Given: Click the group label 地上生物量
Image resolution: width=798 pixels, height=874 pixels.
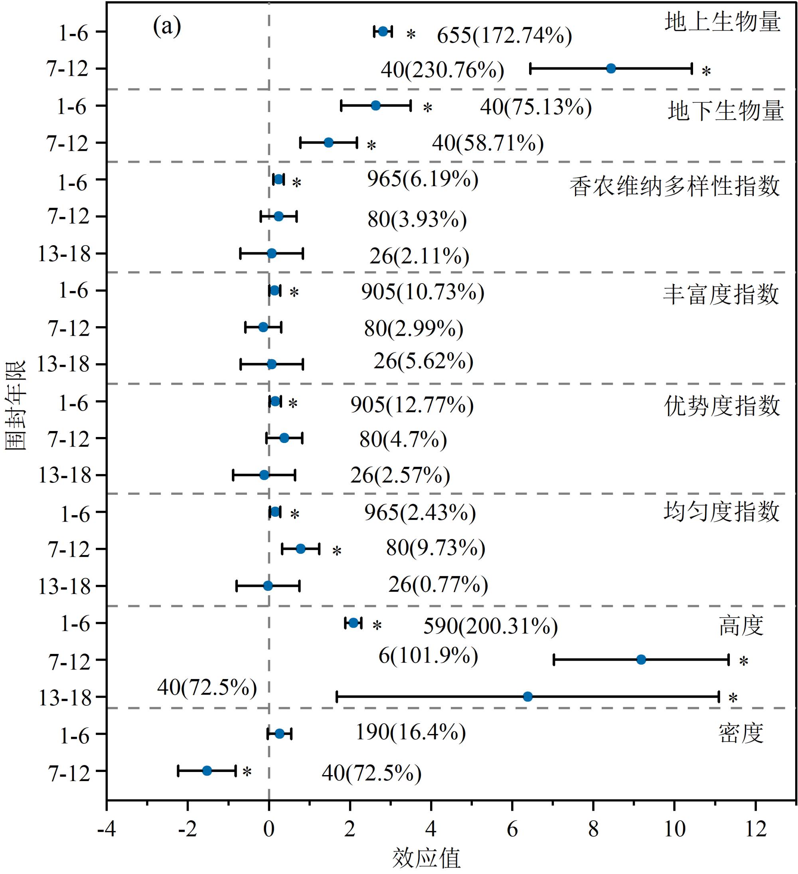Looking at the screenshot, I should click(723, 22).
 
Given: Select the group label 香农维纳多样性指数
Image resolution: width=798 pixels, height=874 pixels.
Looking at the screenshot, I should click(674, 187).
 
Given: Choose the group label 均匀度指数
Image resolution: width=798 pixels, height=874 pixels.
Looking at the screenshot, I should click(721, 512).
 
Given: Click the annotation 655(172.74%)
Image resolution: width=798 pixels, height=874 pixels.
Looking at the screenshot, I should click(504, 35).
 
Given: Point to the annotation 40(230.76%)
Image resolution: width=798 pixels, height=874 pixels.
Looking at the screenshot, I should click(442, 70).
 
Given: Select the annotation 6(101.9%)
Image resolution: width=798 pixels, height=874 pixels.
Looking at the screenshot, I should click(428, 655).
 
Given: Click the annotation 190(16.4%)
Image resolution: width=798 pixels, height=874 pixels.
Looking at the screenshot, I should click(411, 732).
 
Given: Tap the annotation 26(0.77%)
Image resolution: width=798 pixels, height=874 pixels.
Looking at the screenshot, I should click(438, 585).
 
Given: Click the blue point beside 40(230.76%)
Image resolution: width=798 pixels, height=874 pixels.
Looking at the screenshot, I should click(611, 69).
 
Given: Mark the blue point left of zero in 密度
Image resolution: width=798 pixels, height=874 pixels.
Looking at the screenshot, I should click(207, 771).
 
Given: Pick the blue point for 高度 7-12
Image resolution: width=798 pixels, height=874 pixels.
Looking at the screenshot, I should click(641, 660).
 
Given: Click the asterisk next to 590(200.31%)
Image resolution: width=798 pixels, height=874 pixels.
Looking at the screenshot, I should click(377, 625).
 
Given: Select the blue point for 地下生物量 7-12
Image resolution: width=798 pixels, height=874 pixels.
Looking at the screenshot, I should click(328, 143).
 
